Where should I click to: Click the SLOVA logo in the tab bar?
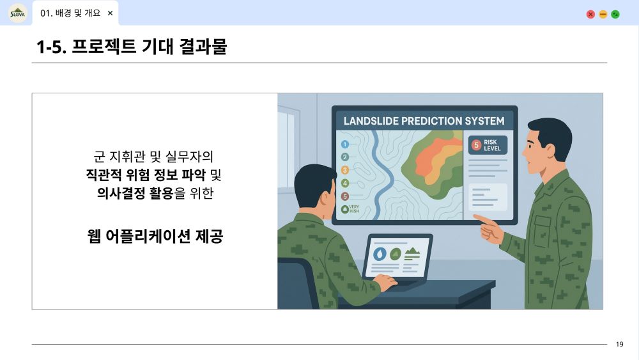pos(17,13)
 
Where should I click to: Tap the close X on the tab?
pos(110,13)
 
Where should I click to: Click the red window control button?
pos(590,14)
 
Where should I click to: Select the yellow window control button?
pos(603,14)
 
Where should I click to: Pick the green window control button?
pos(615,14)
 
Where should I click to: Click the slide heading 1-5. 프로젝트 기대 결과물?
pos(131,47)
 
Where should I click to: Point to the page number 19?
pos(619,344)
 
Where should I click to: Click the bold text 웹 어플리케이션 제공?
pos(155,236)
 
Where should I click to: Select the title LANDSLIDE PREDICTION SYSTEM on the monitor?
pos(424,121)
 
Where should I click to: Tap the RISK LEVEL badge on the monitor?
pos(488,145)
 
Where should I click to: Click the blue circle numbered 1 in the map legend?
pos(345,144)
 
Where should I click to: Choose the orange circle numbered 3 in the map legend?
pos(345,170)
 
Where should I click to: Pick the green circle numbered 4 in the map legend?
pos(345,183)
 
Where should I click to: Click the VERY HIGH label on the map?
pos(354,209)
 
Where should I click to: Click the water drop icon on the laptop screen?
pos(380,254)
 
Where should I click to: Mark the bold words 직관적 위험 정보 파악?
pos(146,175)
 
